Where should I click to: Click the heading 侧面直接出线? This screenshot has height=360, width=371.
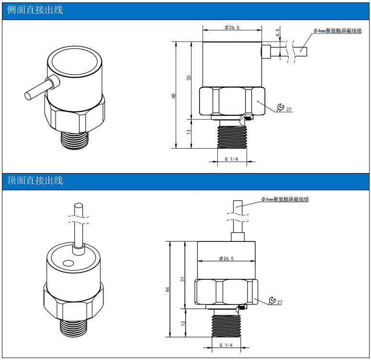point(35,10)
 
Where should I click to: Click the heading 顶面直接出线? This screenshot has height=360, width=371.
point(35,180)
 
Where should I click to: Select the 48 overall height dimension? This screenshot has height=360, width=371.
point(174,96)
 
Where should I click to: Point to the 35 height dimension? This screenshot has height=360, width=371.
point(189,78)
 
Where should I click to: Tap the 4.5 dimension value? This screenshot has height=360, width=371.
point(278,33)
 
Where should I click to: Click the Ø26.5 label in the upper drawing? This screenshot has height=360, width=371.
point(232,27)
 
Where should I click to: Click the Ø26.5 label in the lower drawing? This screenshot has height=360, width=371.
point(226,258)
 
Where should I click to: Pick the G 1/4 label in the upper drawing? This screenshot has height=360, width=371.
point(231,159)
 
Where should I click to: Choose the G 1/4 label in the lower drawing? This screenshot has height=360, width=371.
point(226,345)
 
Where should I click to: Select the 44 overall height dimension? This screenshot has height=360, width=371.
point(168,290)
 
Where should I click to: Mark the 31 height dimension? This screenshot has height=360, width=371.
point(182,279)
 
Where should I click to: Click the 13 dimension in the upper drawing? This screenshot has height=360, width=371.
point(189,132)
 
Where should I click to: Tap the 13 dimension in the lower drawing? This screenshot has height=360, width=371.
point(183,323)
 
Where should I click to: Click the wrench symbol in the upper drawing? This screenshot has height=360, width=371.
point(281,107)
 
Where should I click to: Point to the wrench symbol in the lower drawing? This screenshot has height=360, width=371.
point(272,300)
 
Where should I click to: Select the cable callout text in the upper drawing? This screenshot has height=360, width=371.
point(337,31)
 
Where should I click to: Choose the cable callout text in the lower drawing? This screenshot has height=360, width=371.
point(285,199)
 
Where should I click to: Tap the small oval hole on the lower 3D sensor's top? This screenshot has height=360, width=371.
point(68,263)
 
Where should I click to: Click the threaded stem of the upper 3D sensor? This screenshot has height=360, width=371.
point(75,141)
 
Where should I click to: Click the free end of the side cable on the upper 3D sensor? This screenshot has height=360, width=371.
point(28,96)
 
